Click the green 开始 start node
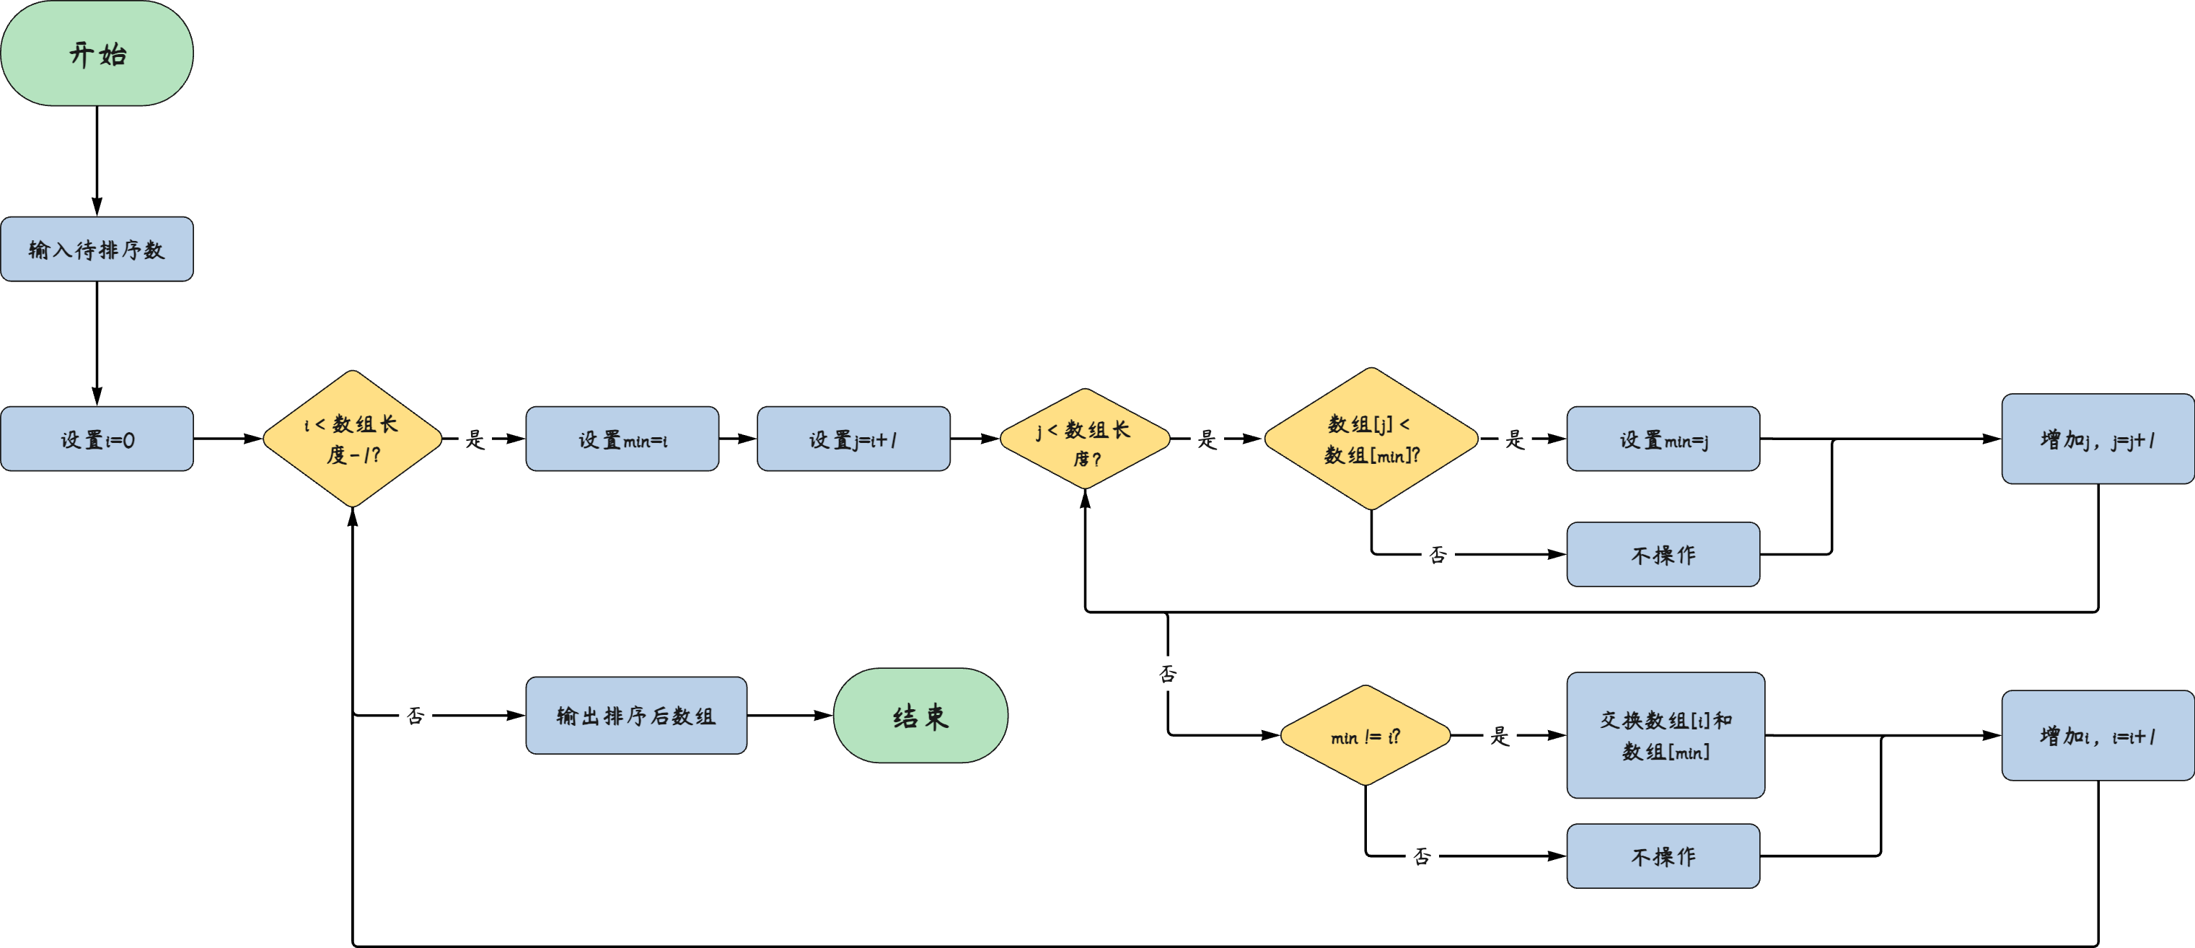(x=97, y=53)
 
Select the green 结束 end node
(x=920, y=715)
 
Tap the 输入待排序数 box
(x=97, y=249)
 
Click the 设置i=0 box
(x=97, y=439)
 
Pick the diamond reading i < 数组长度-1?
(x=352, y=438)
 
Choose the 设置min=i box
(x=622, y=439)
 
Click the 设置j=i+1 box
(x=853, y=439)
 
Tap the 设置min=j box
(x=1663, y=439)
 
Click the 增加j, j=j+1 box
(x=2097, y=439)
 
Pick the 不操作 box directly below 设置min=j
(x=1663, y=555)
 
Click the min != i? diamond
(x=1365, y=736)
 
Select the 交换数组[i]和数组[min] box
(x=1666, y=736)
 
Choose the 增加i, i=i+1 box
(x=2097, y=736)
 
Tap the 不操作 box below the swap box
(x=1663, y=856)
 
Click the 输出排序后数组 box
(x=635, y=715)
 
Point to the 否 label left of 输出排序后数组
(x=415, y=715)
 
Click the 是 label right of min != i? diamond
(x=1500, y=736)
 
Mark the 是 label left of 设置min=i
(x=475, y=439)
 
